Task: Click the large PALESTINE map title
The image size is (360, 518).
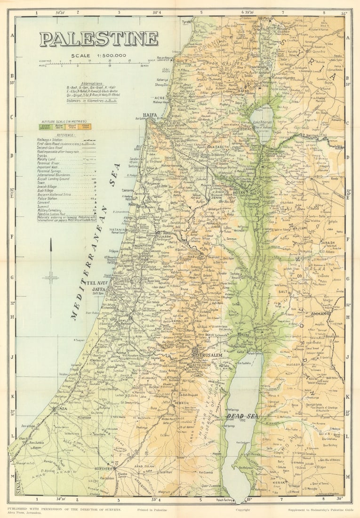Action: tap(99, 39)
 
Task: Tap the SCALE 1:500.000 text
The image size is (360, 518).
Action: tap(99, 56)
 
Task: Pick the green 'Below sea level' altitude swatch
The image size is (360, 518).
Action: tap(45, 127)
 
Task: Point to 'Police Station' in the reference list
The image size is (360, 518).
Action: tap(48, 198)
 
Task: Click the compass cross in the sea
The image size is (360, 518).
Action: tap(51, 277)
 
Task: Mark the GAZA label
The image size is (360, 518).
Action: tap(61, 409)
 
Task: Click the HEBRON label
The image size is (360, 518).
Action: tap(183, 404)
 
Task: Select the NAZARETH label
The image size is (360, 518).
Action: tap(218, 147)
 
